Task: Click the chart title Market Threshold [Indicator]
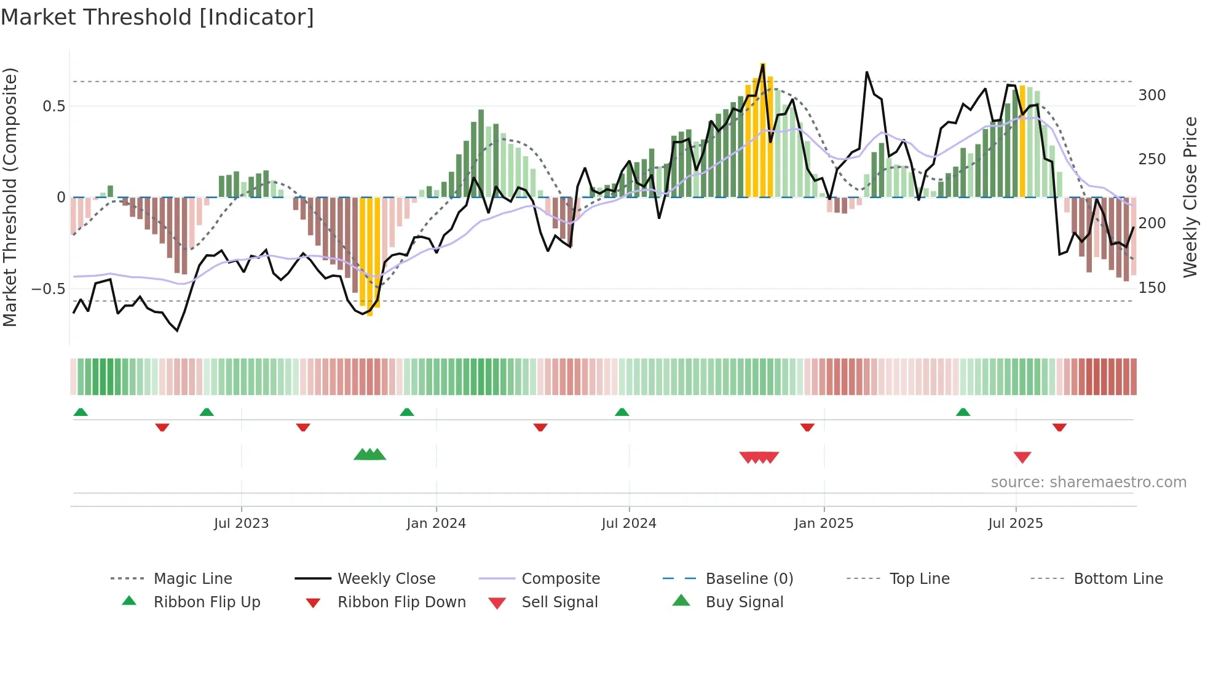point(157,17)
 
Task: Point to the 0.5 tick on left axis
point(53,106)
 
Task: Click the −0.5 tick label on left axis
point(48,289)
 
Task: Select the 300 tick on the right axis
point(1152,95)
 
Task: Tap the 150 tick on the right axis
point(1152,287)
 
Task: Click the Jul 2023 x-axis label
point(241,524)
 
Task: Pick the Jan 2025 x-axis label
point(823,524)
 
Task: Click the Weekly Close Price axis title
point(1190,197)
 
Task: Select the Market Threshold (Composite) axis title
point(10,197)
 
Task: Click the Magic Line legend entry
point(192,579)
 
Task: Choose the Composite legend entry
point(560,579)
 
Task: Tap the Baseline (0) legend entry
point(749,579)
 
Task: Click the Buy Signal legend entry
point(744,602)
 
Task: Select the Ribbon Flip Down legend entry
point(401,602)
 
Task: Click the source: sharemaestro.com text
point(1088,482)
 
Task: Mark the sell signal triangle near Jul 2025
point(1022,457)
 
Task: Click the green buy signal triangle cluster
point(369,455)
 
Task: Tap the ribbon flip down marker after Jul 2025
point(1059,427)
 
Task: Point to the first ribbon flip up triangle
point(81,412)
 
